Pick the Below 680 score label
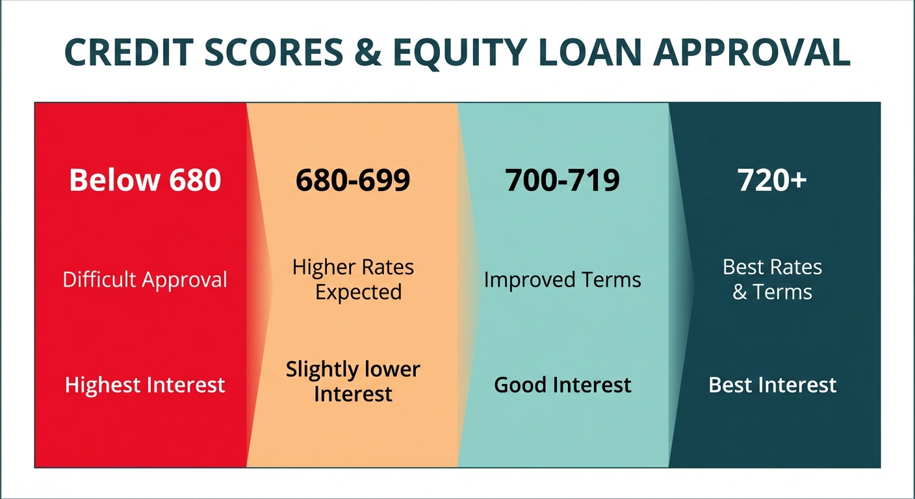click(145, 180)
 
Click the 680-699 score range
click(353, 180)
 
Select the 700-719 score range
click(563, 180)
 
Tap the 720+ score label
click(772, 180)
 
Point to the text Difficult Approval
click(145, 280)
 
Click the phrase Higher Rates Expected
click(353, 279)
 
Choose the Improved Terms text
click(563, 280)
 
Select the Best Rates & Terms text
click(772, 279)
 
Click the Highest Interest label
click(145, 385)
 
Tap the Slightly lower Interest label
click(353, 381)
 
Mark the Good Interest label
click(563, 385)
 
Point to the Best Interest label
click(772, 385)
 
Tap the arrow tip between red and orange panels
click(269, 284)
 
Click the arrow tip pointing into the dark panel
click(693, 284)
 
